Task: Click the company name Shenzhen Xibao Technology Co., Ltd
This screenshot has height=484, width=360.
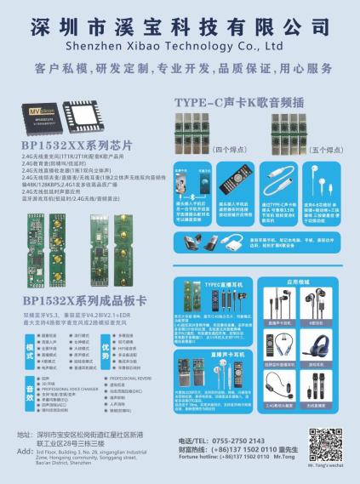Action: [x=179, y=43]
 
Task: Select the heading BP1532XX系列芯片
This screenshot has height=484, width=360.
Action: [x=71, y=145]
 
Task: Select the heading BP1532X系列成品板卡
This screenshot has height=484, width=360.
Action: [x=85, y=300]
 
